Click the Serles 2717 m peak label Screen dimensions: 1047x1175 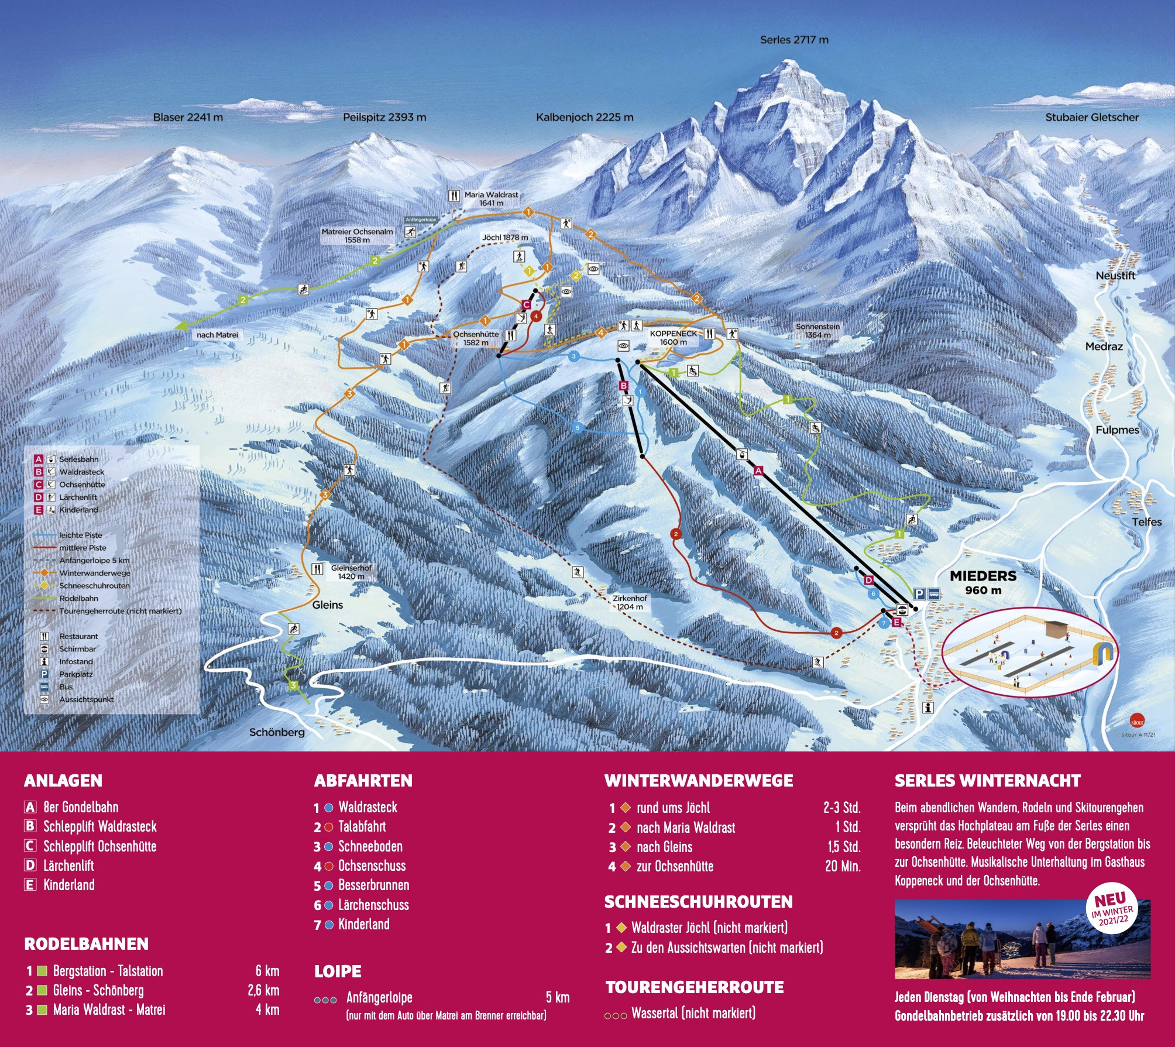coord(794,40)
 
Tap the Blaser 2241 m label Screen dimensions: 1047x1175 coord(188,117)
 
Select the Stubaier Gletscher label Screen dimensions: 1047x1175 coord(1092,117)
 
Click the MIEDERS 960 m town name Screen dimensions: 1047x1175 coord(983,582)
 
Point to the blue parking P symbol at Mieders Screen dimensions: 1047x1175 coord(919,594)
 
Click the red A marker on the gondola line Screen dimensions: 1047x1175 coord(759,470)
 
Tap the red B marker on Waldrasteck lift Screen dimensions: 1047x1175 coord(624,386)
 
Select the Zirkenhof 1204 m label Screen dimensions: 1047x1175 coord(630,602)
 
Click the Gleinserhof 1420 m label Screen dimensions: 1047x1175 coord(351,572)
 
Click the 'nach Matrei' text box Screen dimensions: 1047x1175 coord(217,335)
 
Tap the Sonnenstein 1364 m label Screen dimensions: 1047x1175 coord(817,331)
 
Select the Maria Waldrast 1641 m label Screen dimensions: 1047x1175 coord(491,198)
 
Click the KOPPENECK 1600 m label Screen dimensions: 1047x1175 coord(674,338)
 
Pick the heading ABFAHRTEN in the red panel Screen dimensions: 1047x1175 coord(363,781)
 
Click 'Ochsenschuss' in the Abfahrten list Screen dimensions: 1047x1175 coord(372,866)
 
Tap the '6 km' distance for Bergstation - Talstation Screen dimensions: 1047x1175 coord(267,971)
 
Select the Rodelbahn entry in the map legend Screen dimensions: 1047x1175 coord(78,598)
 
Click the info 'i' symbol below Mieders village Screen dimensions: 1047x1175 coord(928,708)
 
